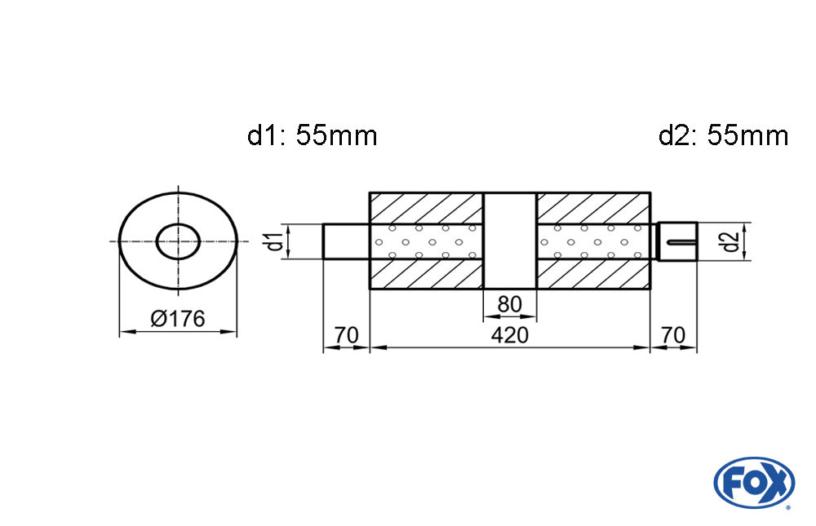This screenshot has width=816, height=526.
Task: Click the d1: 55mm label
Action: (x=313, y=136)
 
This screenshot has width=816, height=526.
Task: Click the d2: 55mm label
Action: (x=723, y=136)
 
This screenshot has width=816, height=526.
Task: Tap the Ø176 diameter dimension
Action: (x=178, y=318)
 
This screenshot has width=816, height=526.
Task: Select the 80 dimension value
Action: (x=509, y=304)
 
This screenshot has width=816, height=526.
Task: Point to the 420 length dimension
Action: (x=509, y=335)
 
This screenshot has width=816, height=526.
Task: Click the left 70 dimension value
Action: (x=347, y=335)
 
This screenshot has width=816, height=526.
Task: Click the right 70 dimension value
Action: (x=673, y=335)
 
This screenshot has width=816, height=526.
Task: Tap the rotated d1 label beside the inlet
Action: (x=275, y=241)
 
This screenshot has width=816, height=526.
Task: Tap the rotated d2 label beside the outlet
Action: (x=731, y=241)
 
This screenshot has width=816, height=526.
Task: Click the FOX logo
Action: (x=754, y=483)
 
